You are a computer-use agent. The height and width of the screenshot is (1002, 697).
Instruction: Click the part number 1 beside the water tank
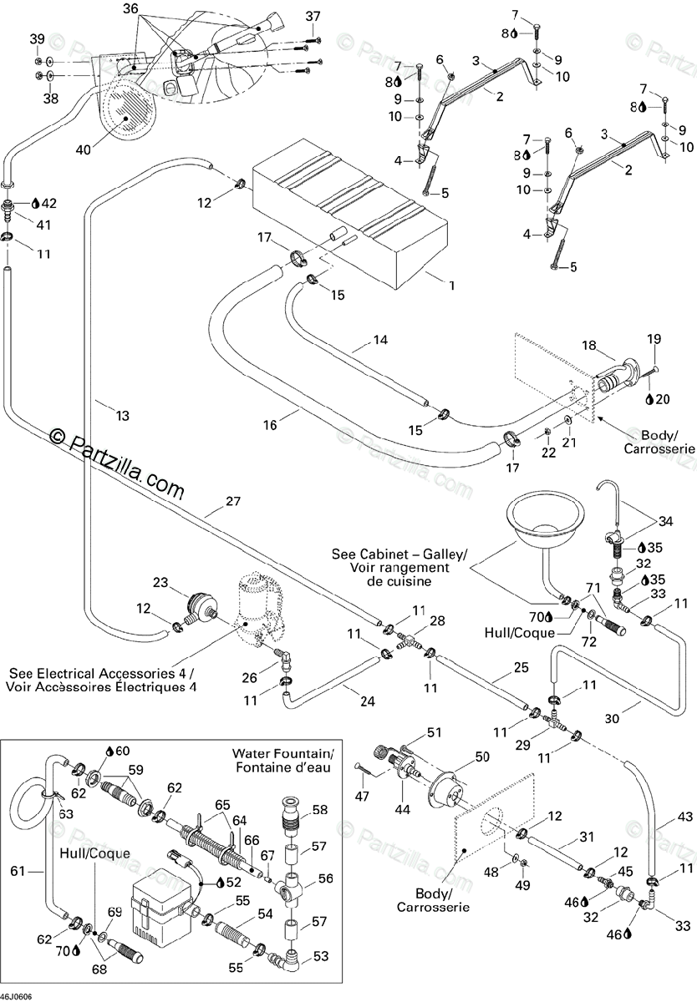452,285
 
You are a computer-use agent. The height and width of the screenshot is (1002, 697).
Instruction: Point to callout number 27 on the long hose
233,501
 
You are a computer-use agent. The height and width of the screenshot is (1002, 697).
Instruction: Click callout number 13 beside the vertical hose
122,416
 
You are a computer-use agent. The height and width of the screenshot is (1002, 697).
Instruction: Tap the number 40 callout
84,149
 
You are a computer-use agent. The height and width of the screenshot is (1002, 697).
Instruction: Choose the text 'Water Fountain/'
282,753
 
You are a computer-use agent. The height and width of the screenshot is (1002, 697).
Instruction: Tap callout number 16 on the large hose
270,425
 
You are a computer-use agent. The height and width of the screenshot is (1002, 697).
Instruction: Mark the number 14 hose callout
380,340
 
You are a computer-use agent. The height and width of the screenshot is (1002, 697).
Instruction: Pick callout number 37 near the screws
313,17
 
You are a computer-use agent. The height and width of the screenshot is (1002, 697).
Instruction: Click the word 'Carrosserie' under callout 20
659,448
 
